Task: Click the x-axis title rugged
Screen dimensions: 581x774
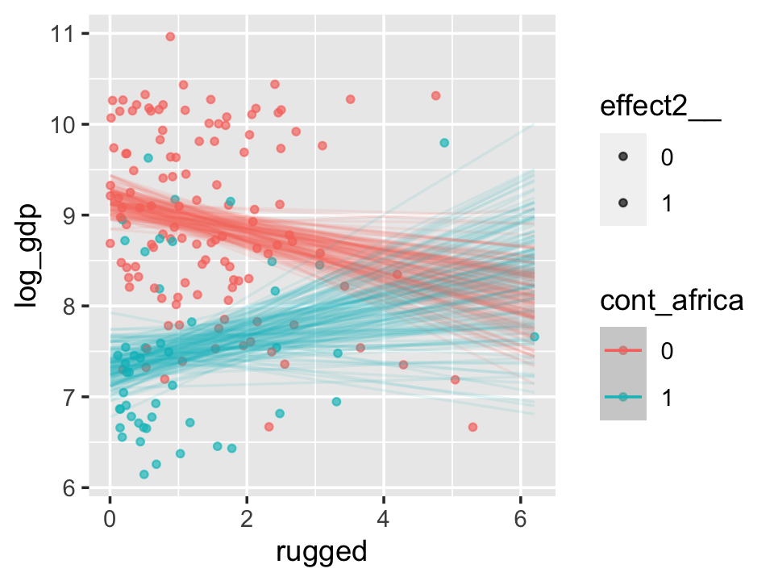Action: [321, 552]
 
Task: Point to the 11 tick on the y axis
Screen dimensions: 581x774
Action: [64, 34]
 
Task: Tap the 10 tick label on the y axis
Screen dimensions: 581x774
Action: [64, 125]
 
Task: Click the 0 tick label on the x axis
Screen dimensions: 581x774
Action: [110, 518]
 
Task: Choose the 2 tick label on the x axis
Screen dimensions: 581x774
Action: [247, 518]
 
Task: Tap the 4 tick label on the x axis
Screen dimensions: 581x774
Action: [384, 518]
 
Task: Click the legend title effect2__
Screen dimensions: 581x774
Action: [660, 109]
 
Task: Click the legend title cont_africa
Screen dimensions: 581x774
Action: [671, 302]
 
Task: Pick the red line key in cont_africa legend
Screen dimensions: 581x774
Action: [622, 350]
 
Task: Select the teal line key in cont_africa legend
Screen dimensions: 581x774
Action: [622, 397]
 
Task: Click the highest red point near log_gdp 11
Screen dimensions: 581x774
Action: [170, 36]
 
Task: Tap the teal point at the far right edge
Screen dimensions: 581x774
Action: [534, 336]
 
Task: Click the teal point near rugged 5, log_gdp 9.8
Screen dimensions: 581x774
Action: [444, 143]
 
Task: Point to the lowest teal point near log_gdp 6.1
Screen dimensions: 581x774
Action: [144, 474]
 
